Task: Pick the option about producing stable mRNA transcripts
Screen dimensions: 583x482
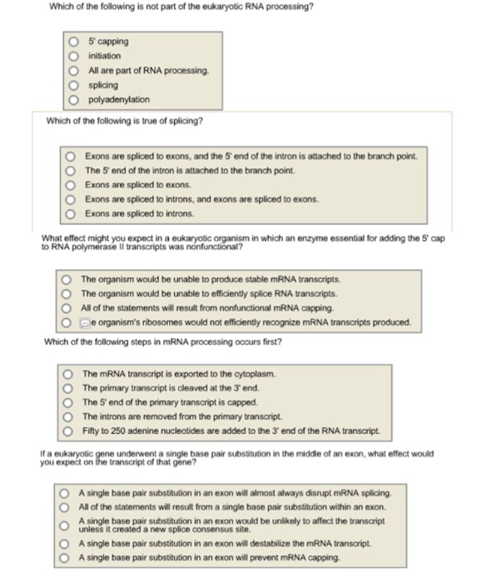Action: (x=67, y=279)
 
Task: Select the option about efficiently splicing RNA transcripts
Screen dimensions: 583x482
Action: (x=67, y=294)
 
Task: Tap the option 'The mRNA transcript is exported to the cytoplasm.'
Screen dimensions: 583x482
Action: (x=69, y=373)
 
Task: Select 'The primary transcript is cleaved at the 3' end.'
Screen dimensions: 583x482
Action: (x=69, y=387)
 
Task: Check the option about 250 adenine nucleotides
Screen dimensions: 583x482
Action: (x=69, y=431)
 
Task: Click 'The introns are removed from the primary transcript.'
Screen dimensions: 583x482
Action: (x=69, y=416)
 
